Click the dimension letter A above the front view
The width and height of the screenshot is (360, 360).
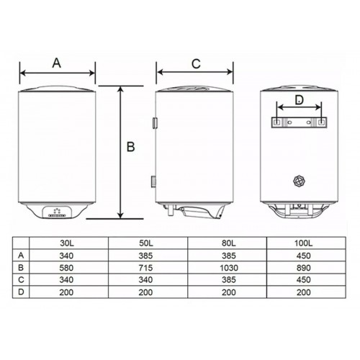coord(57,63)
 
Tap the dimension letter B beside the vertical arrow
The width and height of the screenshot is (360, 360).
coord(130,147)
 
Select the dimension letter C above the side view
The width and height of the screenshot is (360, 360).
coord(196,64)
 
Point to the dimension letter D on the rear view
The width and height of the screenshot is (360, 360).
coord(299,99)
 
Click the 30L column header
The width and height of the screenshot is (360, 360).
coord(67,243)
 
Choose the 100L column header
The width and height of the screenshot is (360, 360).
coord(304,243)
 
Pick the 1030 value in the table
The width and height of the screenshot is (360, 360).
coord(229,268)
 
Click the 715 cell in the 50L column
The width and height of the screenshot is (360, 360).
coord(145,268)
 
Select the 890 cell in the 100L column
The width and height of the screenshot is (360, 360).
coord(304,268)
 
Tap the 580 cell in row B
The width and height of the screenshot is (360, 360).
coord(66,268)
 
